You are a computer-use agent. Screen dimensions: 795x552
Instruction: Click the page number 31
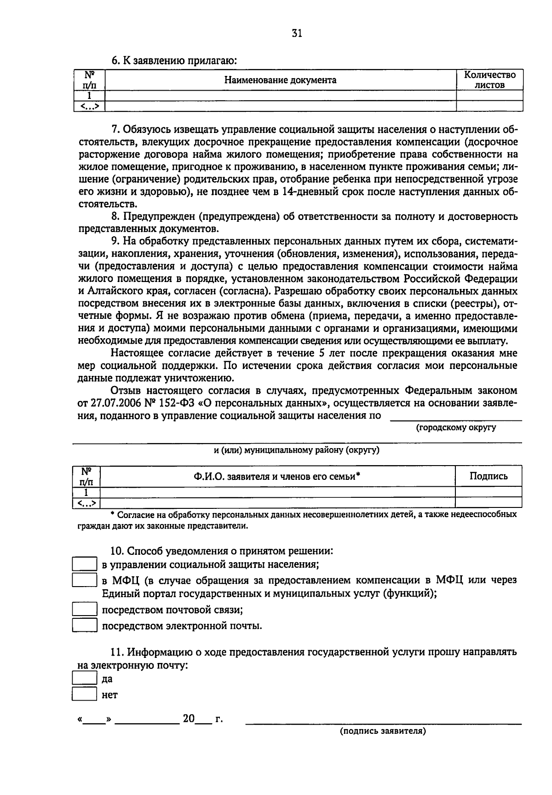coord(297,33)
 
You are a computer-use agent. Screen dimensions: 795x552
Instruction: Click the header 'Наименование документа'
coord(280,80)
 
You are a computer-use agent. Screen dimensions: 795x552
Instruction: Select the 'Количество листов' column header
coord(489,80)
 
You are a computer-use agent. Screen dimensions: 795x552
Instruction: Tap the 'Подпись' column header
coord(489,476)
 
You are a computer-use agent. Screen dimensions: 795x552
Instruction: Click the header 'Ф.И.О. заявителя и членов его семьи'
coord(276,476)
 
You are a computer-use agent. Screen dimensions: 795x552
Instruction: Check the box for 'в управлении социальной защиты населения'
coord(85,564)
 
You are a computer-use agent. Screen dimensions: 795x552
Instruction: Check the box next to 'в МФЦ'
coord(85,580)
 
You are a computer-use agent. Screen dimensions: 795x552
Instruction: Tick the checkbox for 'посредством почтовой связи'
coord(85,610)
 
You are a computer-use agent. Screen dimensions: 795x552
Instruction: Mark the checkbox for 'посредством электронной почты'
coord(85,625)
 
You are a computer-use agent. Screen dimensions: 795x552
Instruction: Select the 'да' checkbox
coord(85,678)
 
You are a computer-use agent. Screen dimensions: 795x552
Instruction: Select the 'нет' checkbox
coord(85,694)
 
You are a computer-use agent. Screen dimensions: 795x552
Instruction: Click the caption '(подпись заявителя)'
coord(383,731)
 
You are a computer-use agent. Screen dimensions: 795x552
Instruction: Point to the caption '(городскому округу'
coord(456,427)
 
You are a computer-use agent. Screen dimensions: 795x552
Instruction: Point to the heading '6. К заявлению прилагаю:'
coord(175,60)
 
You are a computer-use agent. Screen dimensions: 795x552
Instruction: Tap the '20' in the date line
coord(189,718)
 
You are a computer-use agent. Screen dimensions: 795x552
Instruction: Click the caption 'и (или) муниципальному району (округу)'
coord(297,450)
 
